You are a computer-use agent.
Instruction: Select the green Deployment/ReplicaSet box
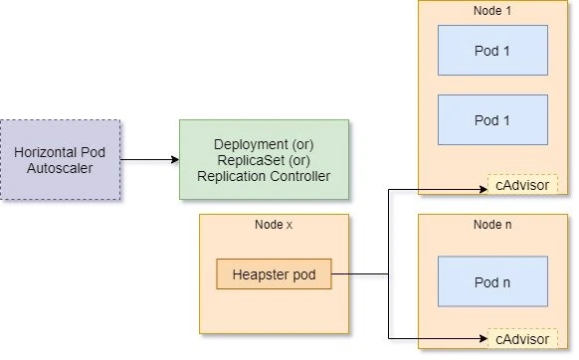[264, 159]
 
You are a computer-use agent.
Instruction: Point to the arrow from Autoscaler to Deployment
[149, 159]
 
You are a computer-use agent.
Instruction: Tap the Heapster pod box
[274, 274]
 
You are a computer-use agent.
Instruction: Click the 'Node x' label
[274, 226]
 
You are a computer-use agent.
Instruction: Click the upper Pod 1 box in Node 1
[492, 50]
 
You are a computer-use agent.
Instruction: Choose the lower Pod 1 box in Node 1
[492, 120]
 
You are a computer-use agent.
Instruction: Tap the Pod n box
[492, 282]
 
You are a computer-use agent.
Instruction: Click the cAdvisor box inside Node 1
[522, 185]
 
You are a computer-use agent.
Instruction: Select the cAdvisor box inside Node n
[522, 338]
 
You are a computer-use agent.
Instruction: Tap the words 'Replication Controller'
[264, 176]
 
